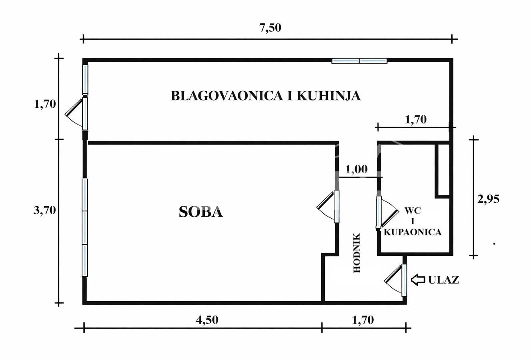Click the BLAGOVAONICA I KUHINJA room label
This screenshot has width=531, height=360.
tap(266, 96)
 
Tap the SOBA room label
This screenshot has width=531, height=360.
tap(200, 212)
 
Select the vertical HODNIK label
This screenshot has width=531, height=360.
tap(357, 253)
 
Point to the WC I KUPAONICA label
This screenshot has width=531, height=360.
tap(413, 221)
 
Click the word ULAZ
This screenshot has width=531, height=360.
tap(444, 280)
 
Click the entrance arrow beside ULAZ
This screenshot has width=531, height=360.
tap(418, 280)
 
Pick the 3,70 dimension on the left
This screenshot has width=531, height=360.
tap(44, 210)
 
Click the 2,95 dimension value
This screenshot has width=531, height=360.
tap(488, 199)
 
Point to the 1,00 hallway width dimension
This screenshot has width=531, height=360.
tap(356, 169)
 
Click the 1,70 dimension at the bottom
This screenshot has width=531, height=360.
tap(363, 320)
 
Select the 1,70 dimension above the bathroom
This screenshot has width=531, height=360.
tap(416, 119)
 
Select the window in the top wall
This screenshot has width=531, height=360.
tap(359, 61)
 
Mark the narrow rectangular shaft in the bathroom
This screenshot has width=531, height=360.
tap(443, 170)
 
